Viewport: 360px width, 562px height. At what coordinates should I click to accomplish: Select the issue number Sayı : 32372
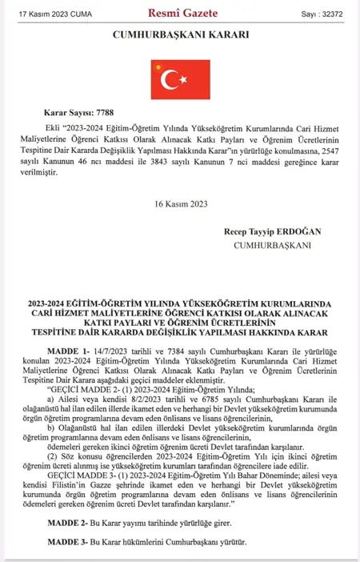tap(322, 13)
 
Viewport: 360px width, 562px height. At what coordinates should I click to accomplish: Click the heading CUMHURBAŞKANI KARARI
tap(181, 35)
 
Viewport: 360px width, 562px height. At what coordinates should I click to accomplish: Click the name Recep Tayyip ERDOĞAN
tap(273, 231)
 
